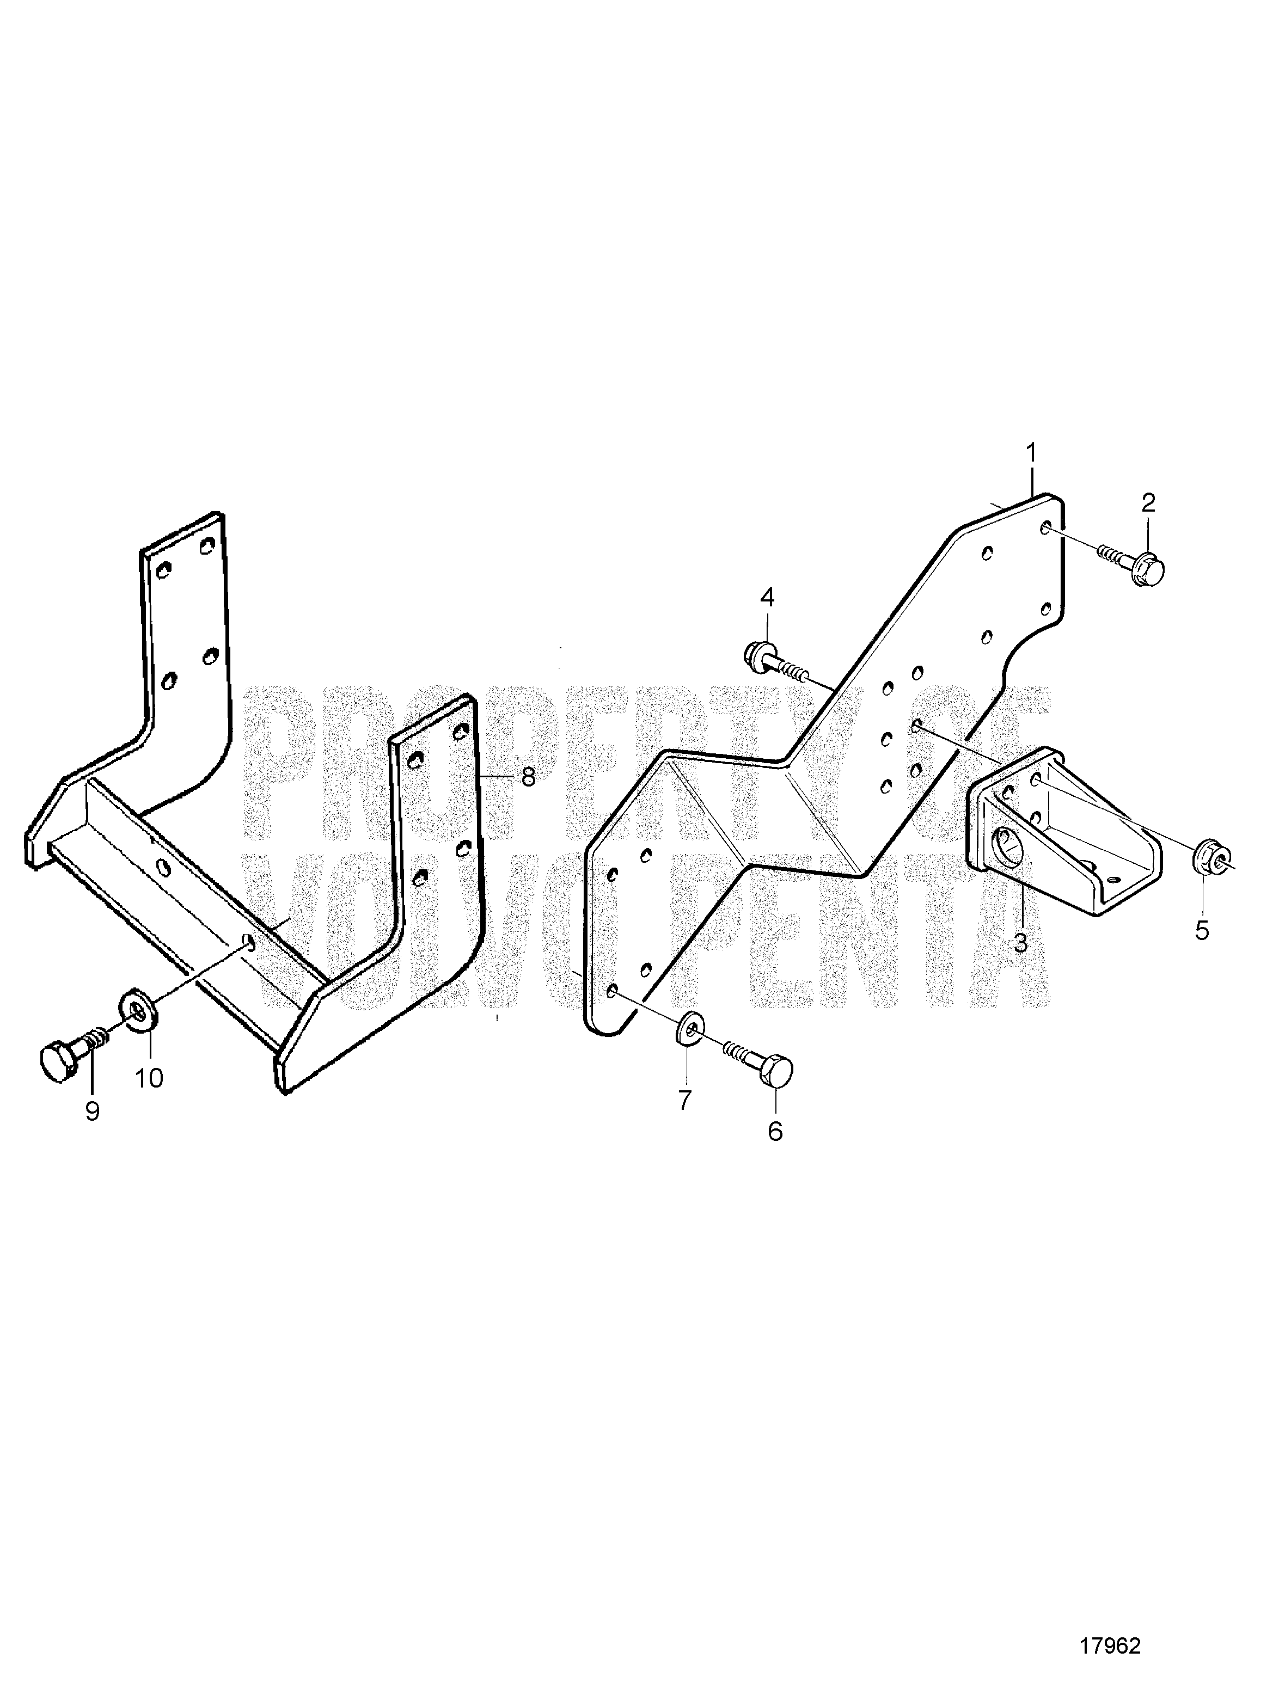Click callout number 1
tap(1032, 453)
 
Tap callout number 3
tap(1020, 943)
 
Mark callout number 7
tap(684, 1100)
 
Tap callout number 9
tap(92, 1111)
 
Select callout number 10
tap(150, 1078)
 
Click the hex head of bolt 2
tap(1148, 570)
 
